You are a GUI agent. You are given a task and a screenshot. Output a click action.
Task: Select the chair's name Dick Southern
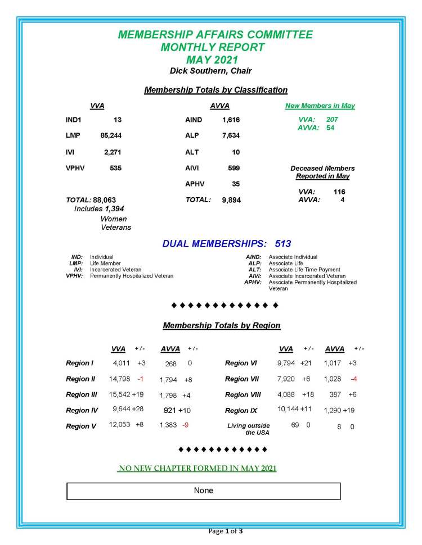coord(211,71)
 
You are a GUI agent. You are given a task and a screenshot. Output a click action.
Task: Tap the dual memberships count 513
coord(283,244)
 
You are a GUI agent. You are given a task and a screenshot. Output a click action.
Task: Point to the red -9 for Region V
coord(185,425)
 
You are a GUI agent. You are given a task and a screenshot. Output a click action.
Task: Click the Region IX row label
coord(241,411)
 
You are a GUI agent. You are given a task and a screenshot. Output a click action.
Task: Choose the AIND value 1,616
coord(231,120)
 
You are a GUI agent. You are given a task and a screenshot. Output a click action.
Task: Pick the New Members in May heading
coord(320,106)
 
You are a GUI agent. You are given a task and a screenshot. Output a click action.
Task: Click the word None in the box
coord(204,490)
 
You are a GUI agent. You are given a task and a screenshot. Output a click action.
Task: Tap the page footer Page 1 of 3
coord(225,531)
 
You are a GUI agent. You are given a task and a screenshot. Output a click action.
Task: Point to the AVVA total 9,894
coord(230,200)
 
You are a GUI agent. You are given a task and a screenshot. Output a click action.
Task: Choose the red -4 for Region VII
coord(354,379)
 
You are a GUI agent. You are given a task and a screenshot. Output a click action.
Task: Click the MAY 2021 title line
coord(211,59)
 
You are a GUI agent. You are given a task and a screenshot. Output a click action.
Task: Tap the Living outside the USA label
coord(249,429)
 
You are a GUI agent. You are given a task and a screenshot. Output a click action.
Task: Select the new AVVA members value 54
coord(330,128)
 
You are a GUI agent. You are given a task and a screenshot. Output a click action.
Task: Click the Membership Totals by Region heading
coord(221,325)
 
